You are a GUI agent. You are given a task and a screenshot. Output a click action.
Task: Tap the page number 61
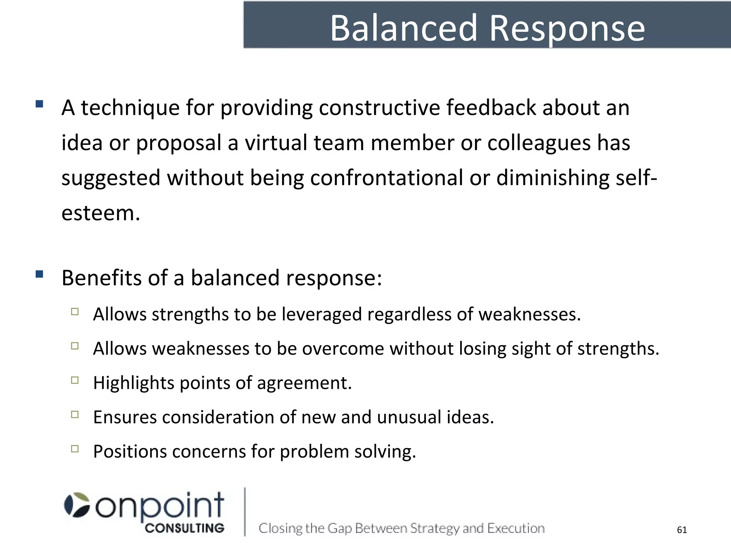click(682, 530)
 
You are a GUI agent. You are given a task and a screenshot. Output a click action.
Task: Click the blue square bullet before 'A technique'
click(40, 104)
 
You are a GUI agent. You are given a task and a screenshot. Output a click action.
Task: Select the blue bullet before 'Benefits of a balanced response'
click(40, 274)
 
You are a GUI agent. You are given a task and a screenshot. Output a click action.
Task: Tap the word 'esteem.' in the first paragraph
click(101, 213)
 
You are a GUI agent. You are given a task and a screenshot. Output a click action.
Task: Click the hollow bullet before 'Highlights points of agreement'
click(75, 380)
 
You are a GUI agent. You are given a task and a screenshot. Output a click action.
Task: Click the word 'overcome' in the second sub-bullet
click(343, 349)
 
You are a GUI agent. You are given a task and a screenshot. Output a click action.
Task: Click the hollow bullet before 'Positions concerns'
click(75, 449)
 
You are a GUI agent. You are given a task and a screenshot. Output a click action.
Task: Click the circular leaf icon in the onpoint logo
click(77, 505)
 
